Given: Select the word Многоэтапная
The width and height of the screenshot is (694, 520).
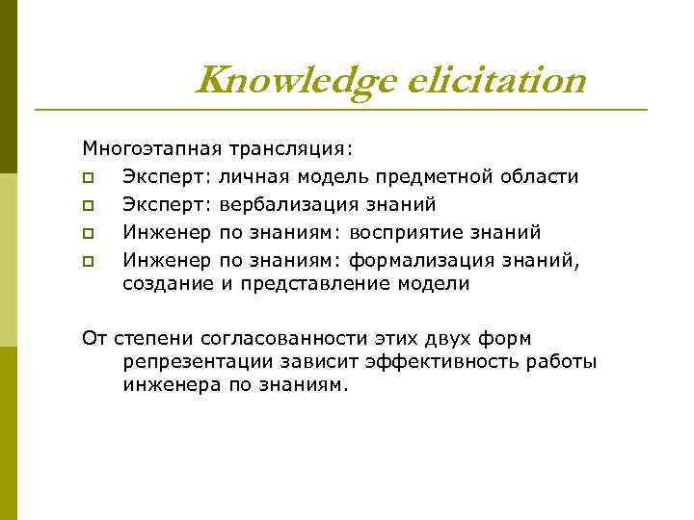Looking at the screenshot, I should [x=151, y=149].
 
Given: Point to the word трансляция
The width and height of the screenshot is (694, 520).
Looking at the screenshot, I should [x=290, y=149].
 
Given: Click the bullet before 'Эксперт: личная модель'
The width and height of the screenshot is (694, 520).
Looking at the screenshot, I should [x=88, y=177].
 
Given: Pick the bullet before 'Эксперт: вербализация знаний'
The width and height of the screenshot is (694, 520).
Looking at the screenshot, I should [x=88, y=205].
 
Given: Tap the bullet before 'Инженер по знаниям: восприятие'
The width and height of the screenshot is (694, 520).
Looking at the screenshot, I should [x=88, y=232].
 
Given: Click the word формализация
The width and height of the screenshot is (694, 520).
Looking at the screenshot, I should [x=418, y=259].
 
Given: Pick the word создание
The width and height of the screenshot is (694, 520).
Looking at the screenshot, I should [x=168, y=283].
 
